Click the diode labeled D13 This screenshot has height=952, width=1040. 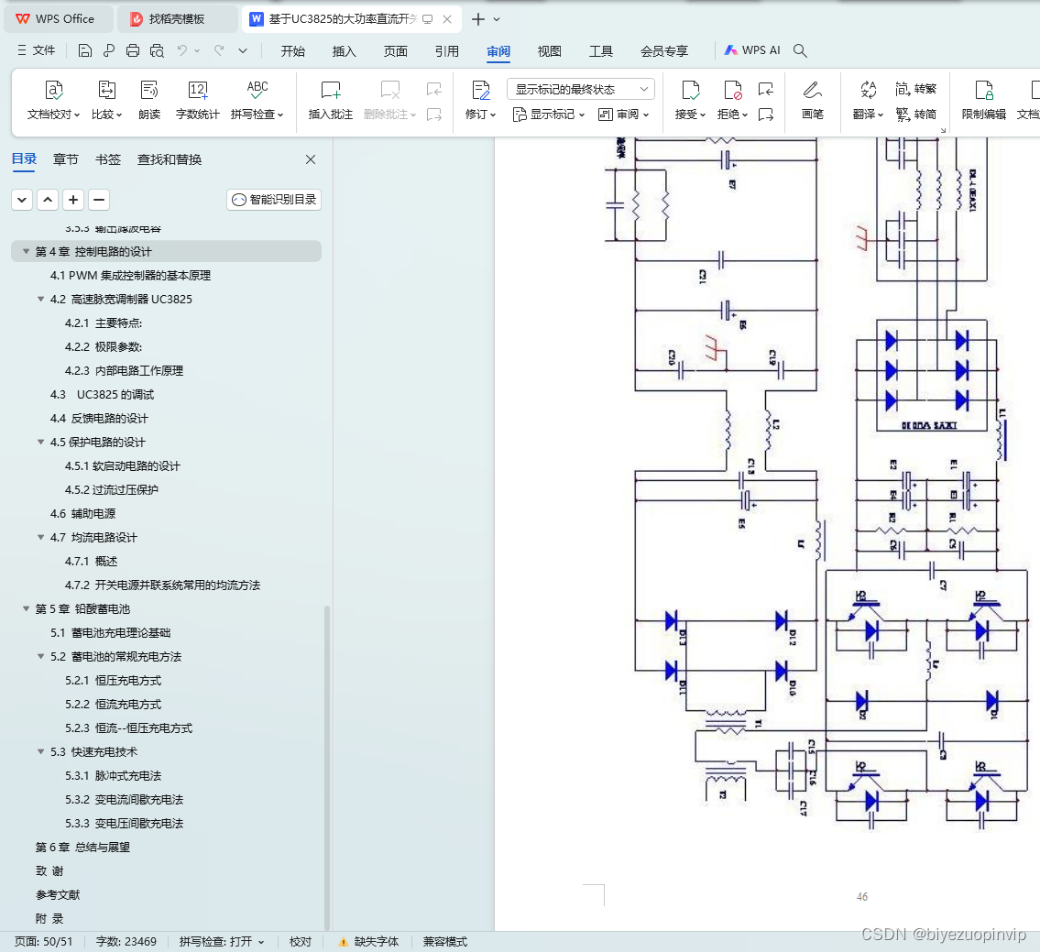tap(671, 621)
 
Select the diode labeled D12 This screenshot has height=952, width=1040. tap(781, 621)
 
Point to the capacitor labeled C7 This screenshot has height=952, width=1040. tap(932, 571)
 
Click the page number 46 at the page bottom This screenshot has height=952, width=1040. tap(861, 897)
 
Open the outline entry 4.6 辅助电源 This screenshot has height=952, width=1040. tap(83, 513)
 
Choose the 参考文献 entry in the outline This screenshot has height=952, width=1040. tap(58, 894)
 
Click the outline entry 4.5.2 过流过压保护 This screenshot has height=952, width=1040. tap(124, 489)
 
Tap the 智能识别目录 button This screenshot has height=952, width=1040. tap(274, 199)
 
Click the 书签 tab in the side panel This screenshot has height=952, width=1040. tap(108, 159)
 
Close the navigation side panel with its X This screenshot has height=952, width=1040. tap(311, 159)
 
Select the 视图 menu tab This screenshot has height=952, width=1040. tap(549, 51)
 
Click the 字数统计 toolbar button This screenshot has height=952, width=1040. tap(197, 99)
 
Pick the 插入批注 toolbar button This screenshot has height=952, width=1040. tap(331, 99)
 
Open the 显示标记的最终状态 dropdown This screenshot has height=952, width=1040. tap(581, 89)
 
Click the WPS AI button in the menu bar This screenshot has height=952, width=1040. tap(752, 51)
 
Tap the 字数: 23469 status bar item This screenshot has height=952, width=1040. tap(126, 941)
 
